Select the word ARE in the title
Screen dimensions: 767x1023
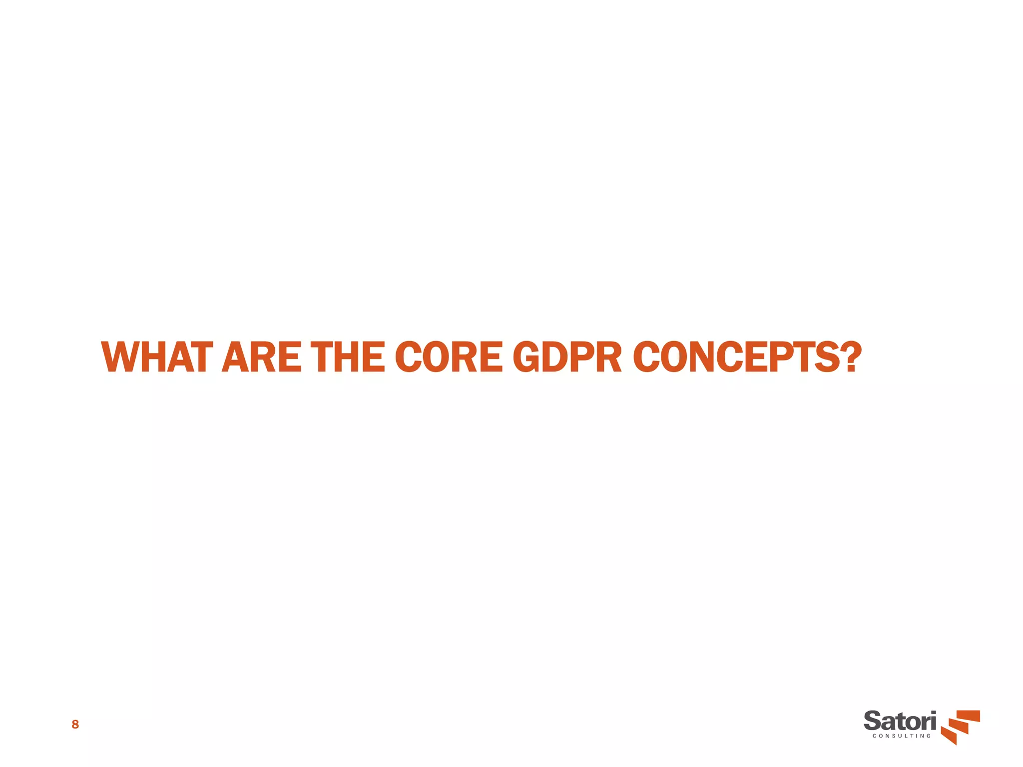point(261,358)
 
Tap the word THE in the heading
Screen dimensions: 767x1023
point(348,358)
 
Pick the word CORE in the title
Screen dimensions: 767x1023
point(449,358)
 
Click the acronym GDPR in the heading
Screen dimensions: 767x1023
point(567,358)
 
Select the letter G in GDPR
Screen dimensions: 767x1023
point(527,358)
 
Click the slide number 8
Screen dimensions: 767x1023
point(75,725)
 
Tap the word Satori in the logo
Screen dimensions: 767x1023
point(900,722)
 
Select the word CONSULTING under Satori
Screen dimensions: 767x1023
point(902,736)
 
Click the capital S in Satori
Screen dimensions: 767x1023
point(873,722)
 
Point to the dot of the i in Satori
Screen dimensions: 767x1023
point(932,714)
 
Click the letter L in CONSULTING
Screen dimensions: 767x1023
point(903,736)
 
